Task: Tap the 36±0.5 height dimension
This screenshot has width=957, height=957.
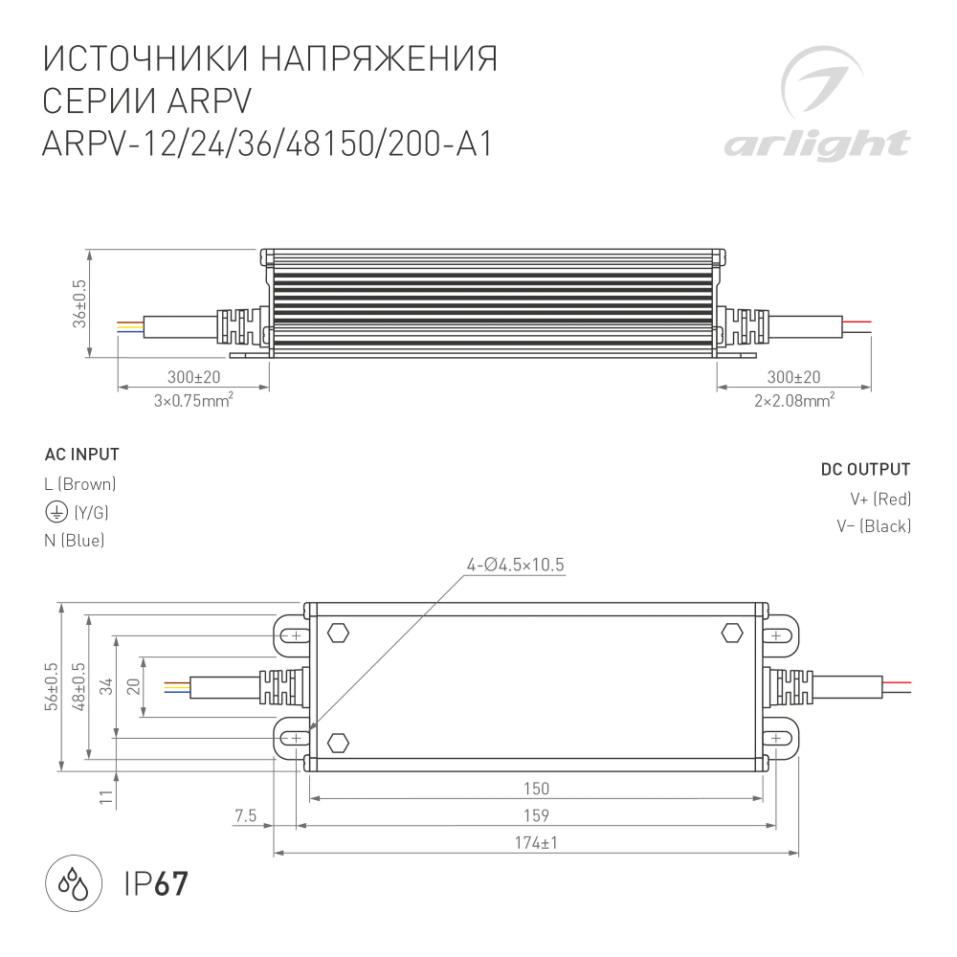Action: (79, 304)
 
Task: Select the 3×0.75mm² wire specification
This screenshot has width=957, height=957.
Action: (194, 401)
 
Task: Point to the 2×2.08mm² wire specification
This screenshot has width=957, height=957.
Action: (793, 401)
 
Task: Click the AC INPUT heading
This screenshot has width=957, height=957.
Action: (81, 455)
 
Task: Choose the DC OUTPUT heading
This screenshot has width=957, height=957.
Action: (865, 470)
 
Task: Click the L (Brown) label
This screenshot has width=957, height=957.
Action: (80, 484)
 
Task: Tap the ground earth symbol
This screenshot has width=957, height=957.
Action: (56, 512)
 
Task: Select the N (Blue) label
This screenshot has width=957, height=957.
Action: (75, 541)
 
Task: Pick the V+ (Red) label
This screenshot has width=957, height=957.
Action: (879, 499)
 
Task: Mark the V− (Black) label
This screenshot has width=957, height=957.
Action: (873, 526)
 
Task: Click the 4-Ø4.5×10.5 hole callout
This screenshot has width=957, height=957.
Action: (516, 565)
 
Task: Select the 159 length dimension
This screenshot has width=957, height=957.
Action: (537, 815)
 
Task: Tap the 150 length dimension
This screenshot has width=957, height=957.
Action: (537, 789)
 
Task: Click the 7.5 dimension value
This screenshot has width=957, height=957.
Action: (246, 815)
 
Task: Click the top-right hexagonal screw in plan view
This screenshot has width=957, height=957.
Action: (731, 633)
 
